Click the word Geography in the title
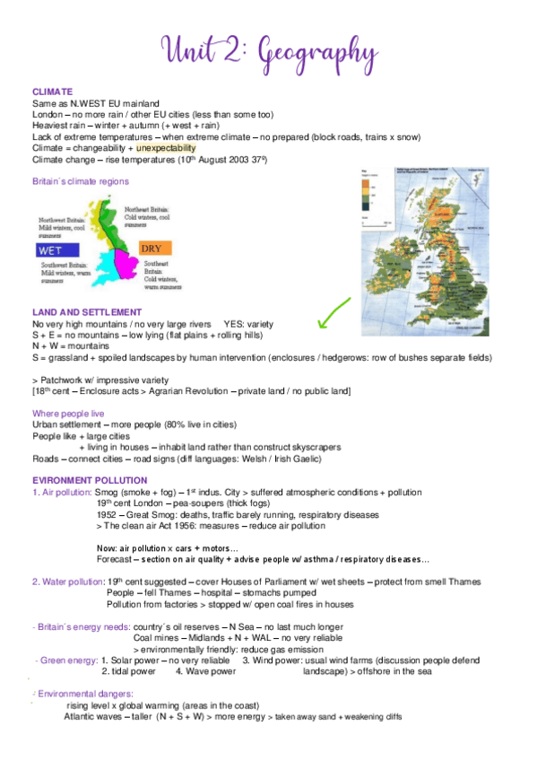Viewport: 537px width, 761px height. coord(315,47)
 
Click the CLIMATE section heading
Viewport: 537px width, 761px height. coord(52,92)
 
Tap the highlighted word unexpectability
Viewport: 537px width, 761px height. coord(171,147)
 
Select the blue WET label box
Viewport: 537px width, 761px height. coord(51,250)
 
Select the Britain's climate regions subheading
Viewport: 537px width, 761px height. coord(80,181)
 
